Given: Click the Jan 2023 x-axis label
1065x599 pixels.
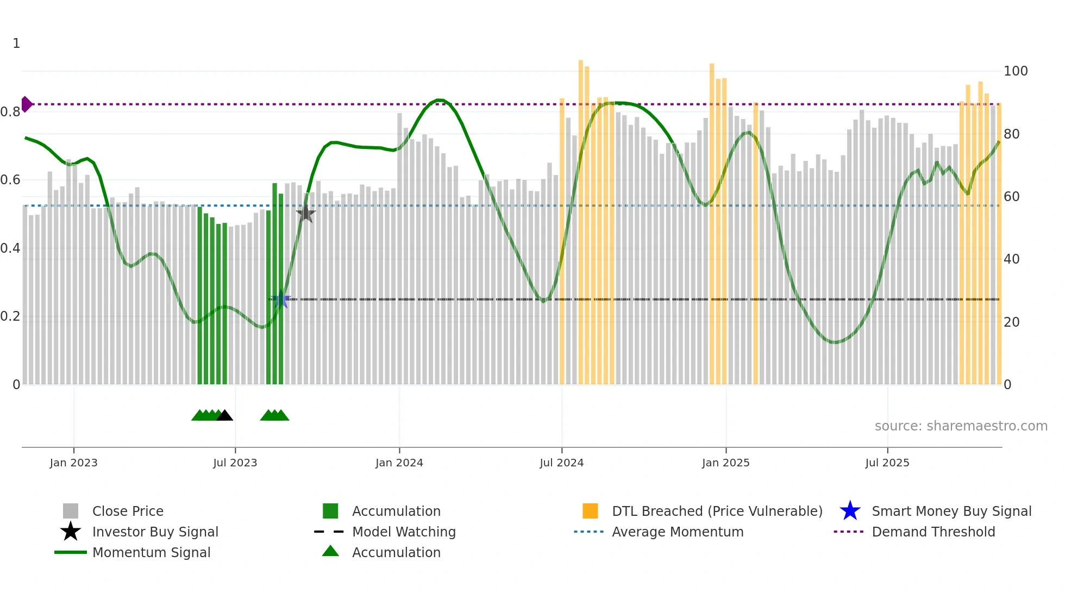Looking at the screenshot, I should point(73,463).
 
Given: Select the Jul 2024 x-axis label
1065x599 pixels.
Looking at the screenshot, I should point(561,463).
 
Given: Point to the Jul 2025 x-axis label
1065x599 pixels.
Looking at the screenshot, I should point(887,463).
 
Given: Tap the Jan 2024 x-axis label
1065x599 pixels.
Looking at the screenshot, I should point(399,463).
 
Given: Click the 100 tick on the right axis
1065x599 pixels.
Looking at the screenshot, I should point(1016,71).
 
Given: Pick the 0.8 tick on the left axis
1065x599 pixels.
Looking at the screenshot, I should point(10,112).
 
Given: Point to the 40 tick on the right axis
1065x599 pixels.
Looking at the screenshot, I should point(1011,259).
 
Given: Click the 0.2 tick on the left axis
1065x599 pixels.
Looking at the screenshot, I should point(10,316).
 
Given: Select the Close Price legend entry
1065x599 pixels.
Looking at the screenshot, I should point(128,511).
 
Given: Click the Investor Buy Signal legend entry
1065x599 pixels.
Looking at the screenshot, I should point(155,532).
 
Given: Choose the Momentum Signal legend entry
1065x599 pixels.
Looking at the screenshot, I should point(151,552).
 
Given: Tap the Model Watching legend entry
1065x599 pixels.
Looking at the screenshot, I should point(404,532).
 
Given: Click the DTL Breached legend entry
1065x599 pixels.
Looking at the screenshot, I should point(717,511).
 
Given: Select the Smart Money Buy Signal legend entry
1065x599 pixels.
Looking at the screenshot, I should point(951,511).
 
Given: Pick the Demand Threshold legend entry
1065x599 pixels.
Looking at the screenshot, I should point(933,532).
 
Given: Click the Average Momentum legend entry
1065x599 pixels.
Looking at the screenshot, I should point(678,532).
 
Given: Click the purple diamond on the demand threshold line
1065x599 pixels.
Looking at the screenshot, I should point(26,104).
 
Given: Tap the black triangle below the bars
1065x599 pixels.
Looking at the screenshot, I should point(224,416).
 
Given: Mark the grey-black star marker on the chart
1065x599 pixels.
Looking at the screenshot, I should point(306,214).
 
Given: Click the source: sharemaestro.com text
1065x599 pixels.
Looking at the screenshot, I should point(961,426).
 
